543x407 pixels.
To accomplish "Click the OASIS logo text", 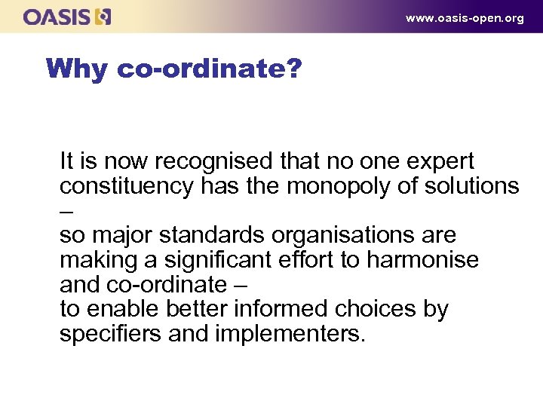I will pos(57,17).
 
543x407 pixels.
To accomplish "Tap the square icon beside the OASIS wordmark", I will pos(103,17).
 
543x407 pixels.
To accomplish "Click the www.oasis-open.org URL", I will pos(465,18).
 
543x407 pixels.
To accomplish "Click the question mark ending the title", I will pos(293,69).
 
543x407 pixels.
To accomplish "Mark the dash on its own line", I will pos(66,213).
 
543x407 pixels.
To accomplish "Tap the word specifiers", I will pos(110,334).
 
